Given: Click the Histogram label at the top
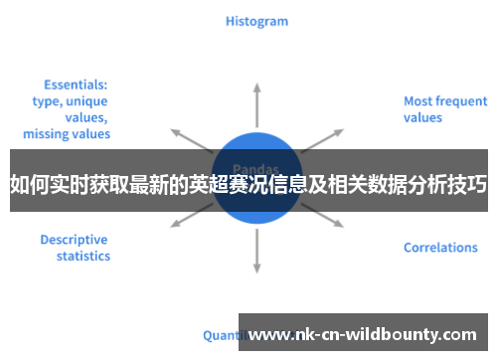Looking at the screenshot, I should (256, 20).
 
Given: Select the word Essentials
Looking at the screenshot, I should (76, 85).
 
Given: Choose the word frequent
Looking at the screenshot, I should (460, 100).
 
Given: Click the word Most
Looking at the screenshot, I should (418, 100).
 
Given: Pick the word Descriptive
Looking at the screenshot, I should (75, 240).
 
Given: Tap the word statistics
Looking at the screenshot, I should (83, 257).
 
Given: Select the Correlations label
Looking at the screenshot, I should (440, 248).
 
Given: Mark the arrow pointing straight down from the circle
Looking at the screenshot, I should (256, 249).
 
